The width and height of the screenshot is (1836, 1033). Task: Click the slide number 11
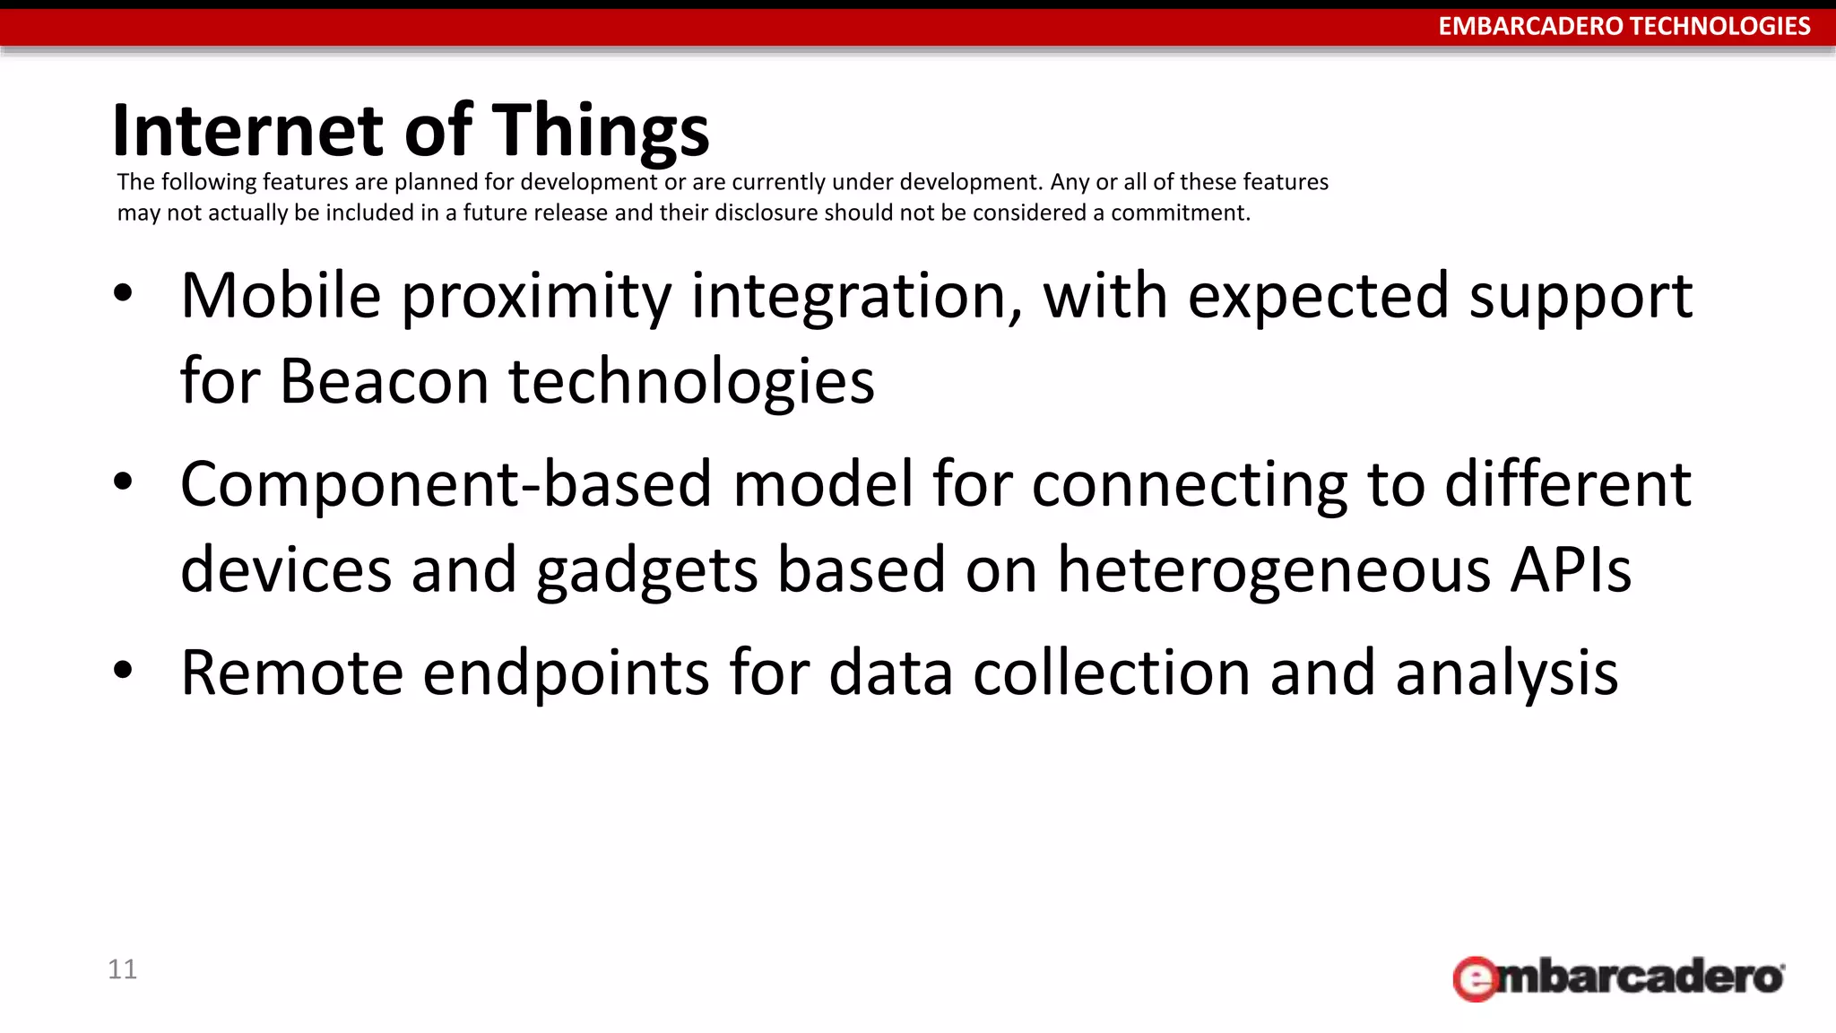tap(122, 969)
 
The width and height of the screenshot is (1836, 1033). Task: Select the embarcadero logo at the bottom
tap(1618, 977)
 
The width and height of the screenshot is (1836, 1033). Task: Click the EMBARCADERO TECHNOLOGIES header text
tap(1624, 26)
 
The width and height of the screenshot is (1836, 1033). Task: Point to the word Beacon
tap(384, 381)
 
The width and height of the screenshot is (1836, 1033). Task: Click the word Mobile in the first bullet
tap(281, 296)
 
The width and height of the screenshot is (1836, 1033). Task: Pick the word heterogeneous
tap(1274, 571)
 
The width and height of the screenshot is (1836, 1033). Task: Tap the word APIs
tap(1571, 569)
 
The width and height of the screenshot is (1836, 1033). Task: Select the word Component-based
tap(446, 484)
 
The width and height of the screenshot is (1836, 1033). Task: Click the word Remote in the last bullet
tap(291, 673)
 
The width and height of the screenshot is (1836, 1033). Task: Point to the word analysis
tap(1506, 674)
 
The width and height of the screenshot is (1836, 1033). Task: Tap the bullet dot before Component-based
tap(124, 482)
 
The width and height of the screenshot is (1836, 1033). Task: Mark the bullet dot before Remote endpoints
tap(124, 670)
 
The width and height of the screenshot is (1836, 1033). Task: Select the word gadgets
tap(646, 571)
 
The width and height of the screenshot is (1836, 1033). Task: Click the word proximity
tap(535, 298)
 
